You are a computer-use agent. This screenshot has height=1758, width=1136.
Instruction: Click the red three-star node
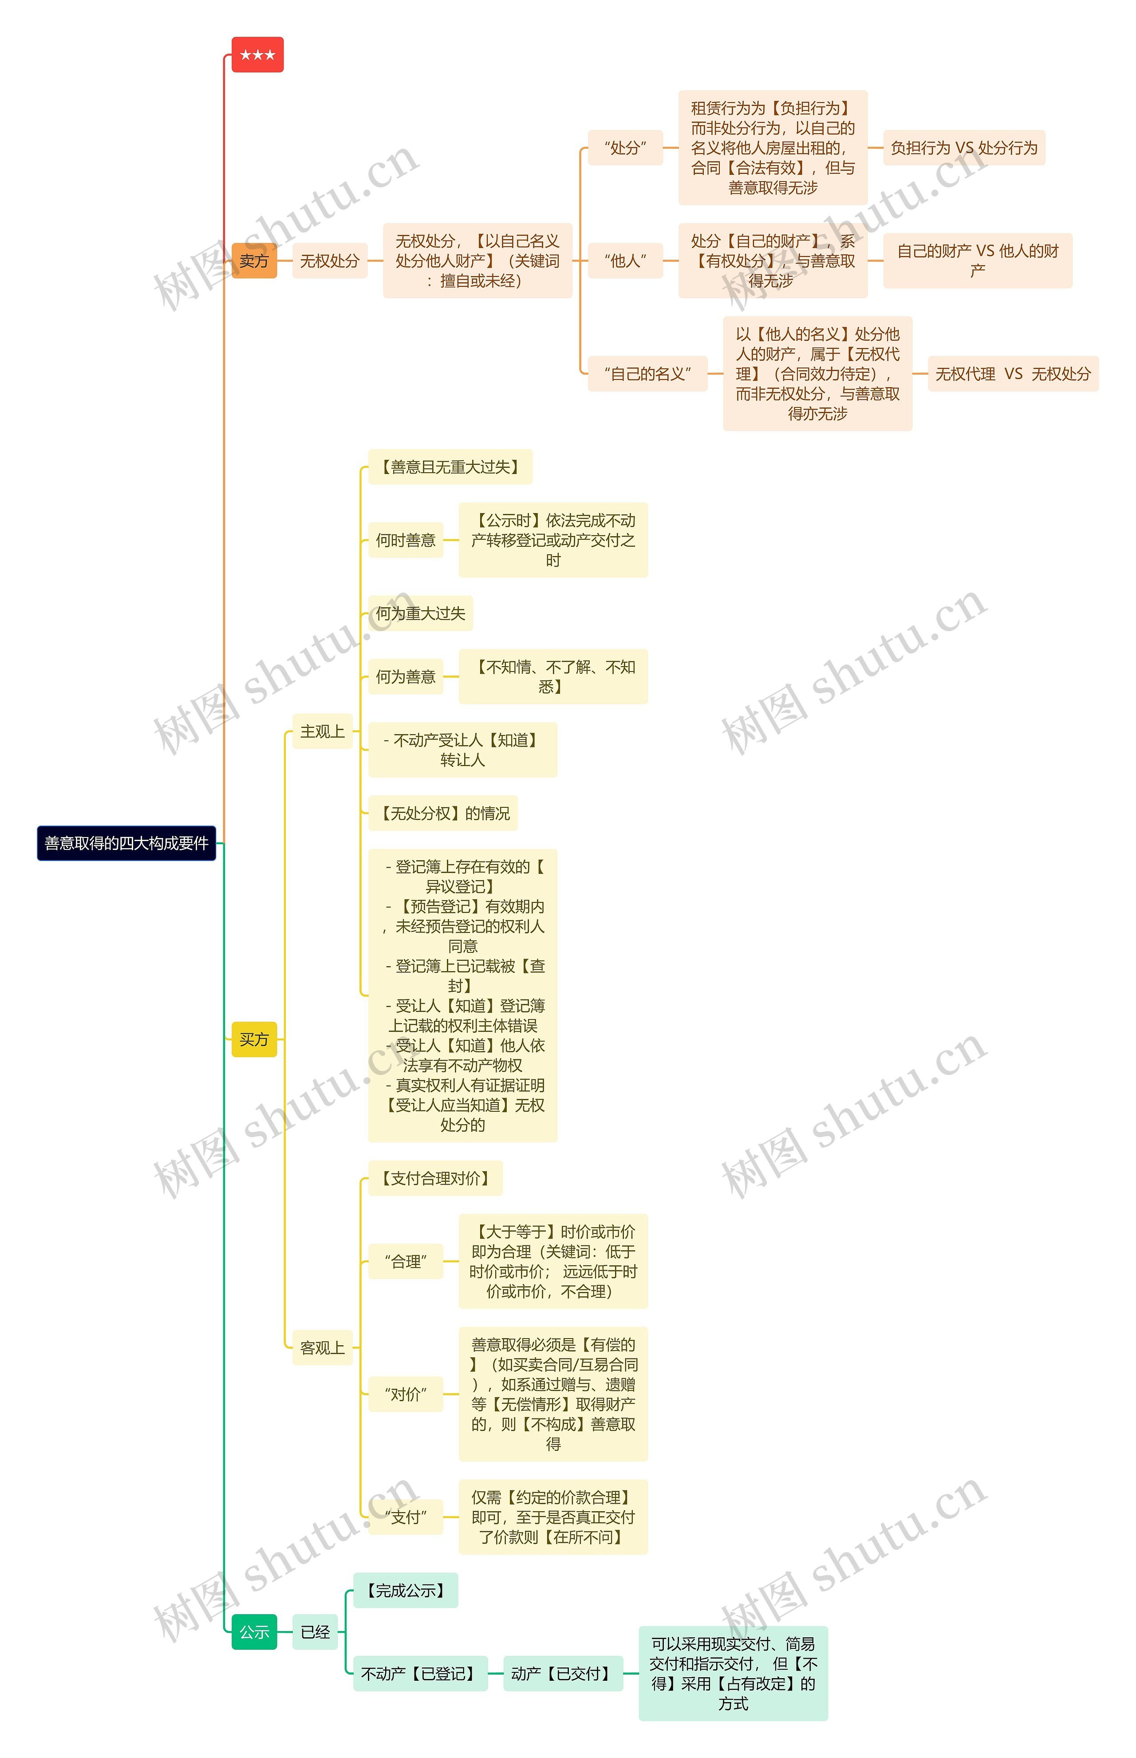point(257,55)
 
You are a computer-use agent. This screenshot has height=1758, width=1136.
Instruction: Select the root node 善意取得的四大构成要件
point(126,843)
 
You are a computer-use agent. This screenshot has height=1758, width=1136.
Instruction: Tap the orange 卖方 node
point(254,261)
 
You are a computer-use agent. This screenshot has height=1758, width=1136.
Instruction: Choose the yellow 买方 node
point(254,1039)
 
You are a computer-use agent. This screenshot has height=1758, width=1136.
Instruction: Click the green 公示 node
point(254,1632)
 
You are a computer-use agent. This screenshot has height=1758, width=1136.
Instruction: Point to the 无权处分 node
point(330,261)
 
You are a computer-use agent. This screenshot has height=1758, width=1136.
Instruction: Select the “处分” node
point(625,147)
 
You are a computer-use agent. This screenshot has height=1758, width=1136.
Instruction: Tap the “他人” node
point(625,261)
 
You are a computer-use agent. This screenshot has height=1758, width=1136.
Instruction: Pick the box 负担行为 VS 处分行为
point(963,147)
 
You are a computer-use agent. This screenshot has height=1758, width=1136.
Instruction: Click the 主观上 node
point(322,731)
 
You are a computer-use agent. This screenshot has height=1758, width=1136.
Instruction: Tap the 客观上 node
point(322,1348)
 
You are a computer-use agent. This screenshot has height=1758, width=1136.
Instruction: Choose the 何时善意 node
point(405,540)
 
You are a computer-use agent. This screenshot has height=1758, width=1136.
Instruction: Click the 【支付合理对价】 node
point(435,1178)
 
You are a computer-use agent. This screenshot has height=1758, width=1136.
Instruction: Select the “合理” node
point(405,1261)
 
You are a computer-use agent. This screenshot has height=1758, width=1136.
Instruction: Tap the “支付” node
point(405,1517)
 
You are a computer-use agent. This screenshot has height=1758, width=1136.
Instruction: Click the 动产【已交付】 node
point(563,1673)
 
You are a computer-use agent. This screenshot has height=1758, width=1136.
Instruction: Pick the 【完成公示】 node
point(405,1591)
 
